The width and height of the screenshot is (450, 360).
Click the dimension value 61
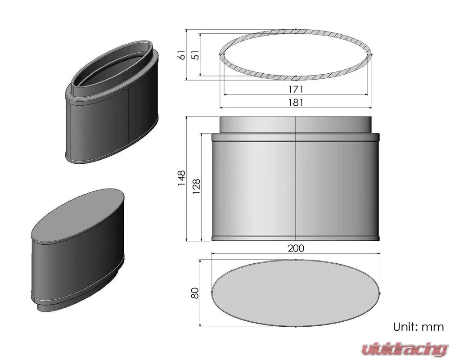tap(182, 54)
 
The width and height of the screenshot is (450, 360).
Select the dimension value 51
tap(195, 54)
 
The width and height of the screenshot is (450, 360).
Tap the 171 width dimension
tap(296, 89)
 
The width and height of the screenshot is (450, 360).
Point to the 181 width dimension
tap(296, 103)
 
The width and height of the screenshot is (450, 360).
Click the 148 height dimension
tap(181, 178)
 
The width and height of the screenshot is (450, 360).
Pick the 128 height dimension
tap(196, 187)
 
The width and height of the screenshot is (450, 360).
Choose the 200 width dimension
tap(296, 248)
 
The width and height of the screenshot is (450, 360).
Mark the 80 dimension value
tap(195, 293)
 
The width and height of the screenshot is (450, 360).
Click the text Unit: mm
tap(418, 327)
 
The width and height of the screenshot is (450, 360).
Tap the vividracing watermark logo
tap(405, 349)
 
